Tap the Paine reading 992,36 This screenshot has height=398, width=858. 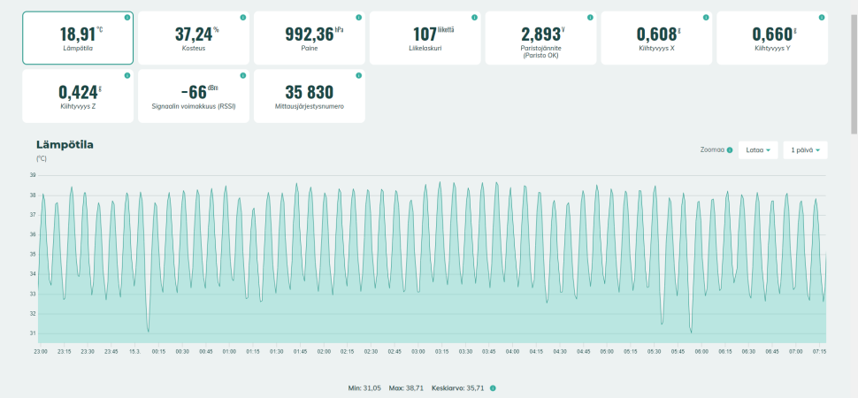pos(310,34)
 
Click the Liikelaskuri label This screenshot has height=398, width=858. pos(425,48)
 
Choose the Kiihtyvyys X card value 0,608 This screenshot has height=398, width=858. pos(655,34)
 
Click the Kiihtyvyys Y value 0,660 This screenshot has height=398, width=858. pos(771,34)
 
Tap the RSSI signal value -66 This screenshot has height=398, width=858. pos(194,92)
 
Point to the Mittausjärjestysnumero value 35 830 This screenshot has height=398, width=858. pos(309,92)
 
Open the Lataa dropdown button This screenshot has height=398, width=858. pos(758,150)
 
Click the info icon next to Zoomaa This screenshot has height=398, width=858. pos(730,150)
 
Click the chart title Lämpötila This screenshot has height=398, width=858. pos(65,144)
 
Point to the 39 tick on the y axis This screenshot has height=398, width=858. pos(32,175)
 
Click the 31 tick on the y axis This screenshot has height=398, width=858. pos(32,333)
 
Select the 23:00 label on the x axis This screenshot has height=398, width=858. pos(41,351)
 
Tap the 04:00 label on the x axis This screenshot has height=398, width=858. pos(512,351)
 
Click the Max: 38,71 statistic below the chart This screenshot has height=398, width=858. pos(408,388)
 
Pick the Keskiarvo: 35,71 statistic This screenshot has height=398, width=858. pos(459,388)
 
